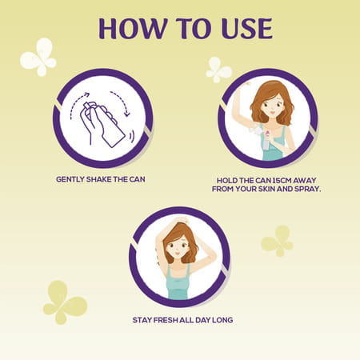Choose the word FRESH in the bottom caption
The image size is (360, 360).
click(x=166, y=320)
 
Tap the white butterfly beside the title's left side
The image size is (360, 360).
click(x=38, y=57)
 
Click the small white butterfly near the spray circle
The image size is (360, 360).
click(x=218, y=70)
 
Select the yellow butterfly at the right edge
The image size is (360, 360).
click(x=277, y=241)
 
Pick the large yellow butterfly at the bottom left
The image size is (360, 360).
click(x=65, y=302)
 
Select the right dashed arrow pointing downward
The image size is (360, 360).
click(x=122, y=102)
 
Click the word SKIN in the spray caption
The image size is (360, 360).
click(x=266, y=189)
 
